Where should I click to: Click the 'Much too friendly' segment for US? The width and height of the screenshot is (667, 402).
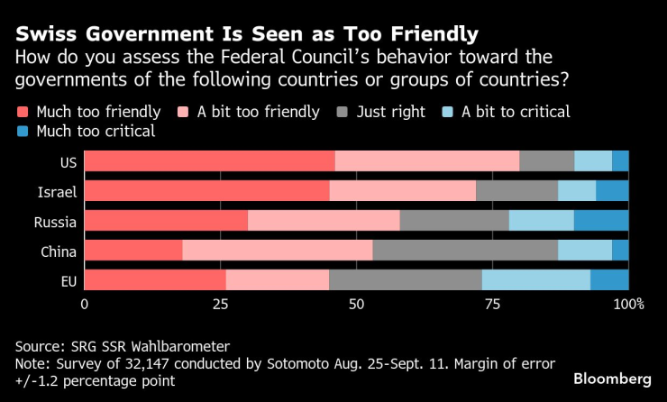click(x=209, y=161)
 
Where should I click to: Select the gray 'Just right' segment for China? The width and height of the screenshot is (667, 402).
click(x=465, y=251)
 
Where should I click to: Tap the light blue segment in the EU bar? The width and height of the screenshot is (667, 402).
click(x=535, y=280)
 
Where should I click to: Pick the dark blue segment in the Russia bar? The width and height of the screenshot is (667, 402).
click(x=601, y=221)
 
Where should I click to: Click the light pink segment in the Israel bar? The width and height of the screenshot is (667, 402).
click(x=402, y=191)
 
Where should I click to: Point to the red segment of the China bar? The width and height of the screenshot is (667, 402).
click(x=133, y=251)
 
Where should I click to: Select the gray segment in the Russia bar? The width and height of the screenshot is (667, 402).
click(x=454, y=221)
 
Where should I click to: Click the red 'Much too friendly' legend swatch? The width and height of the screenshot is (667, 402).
click(x=23, y=113)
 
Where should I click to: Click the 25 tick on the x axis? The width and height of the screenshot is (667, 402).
click(x=219, y=305)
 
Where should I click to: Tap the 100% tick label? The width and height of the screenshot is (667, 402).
click(x=628, y=305)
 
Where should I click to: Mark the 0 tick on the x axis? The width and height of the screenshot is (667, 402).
click(x=85, y=305)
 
